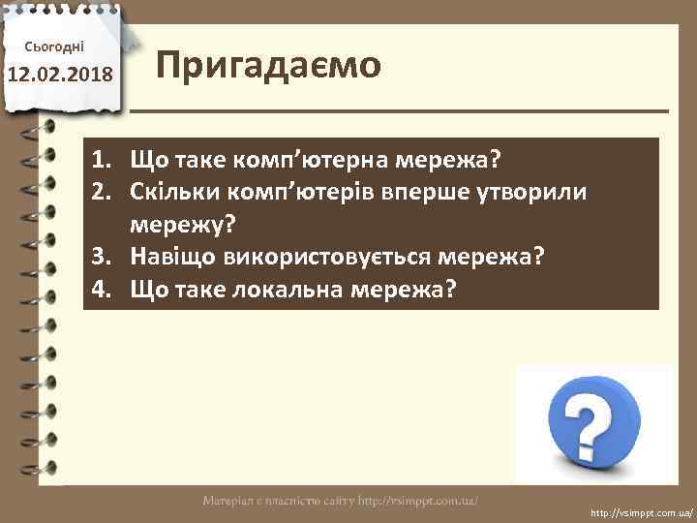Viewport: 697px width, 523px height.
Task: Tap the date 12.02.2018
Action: (x=60, y=75)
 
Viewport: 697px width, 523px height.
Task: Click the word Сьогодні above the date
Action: (x=60, y=46)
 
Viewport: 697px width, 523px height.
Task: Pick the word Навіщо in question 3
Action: (x=167, y=258)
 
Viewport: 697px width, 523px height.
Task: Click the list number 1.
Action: (x=100, y=158)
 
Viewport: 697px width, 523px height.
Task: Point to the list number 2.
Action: (x=100, y=192)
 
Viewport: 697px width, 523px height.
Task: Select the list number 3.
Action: (x=100, y=258)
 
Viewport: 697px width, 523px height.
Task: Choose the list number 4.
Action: (x=100, y=290)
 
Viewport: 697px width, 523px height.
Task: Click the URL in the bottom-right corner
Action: (x=640, y=509)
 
